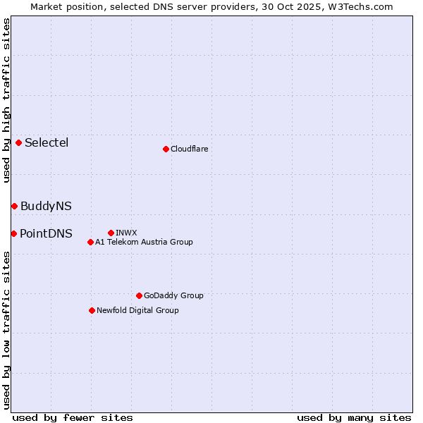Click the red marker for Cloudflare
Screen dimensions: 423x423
pyautogui.click(x=166, y=149)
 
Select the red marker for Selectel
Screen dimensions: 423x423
pyautogui.click(x=18, y=142)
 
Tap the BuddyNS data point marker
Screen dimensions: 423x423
pyautogui.click(x=14, y=206)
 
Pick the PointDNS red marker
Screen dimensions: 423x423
pyautogui.click(x=13, y=233)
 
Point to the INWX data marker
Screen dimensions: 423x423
pyautogui.click(x=111, y=233)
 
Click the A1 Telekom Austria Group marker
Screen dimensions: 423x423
pyautogui.click(x=90, y=242)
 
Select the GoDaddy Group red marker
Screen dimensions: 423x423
pyautogui.click(x=139, y=295)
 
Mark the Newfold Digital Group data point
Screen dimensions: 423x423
pyautogui.click(x=92, y=310)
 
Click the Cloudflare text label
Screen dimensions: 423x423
pyautogui.click(x=189, y=149)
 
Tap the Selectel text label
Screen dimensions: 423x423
pyautogui.click(x=47, y=142)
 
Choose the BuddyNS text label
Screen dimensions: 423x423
pyautogui.click(x=46, y=206)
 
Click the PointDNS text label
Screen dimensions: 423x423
pyautogui.click(x=46, y=233)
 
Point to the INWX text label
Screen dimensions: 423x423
pyautogui.click(x=126, y=233)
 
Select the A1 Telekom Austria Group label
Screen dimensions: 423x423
pyautogui.click(x=144, y=242)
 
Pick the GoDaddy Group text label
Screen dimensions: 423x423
pyautogui.click(x=173, y=295)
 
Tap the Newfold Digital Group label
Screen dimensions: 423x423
pyautogui.click(x=137, y=310)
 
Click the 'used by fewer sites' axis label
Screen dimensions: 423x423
pyautogui.click(x=73, y=417)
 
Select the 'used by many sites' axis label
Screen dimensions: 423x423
pyautogui.click(x=354, y=417)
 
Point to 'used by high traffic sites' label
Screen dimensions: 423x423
pyautogui.click(x=6, y=100)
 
